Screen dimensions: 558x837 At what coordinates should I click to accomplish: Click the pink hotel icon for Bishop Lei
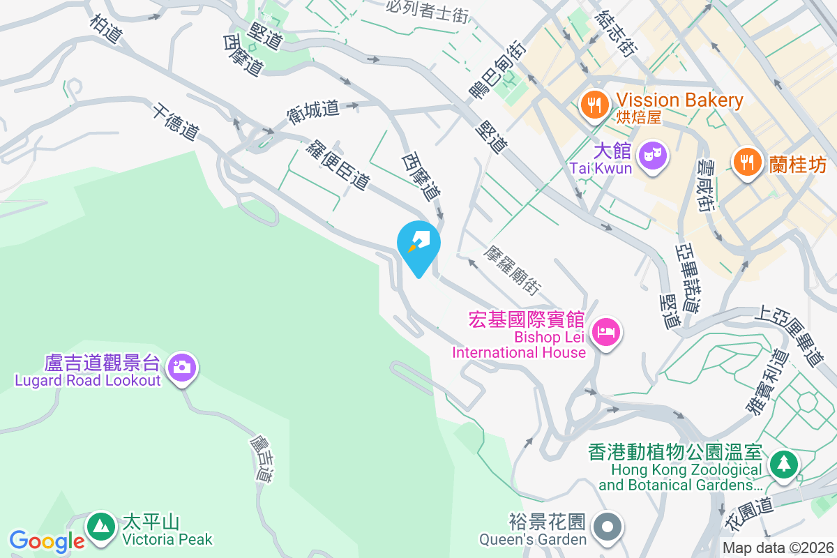coord(604,332)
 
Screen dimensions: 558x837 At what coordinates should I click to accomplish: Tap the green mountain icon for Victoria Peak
coord(102,526)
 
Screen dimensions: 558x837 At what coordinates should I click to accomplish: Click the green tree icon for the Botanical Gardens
coord(785,463)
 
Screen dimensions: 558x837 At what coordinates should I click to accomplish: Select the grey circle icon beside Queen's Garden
coord(608,527)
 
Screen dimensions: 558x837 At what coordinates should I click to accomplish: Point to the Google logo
coord(47,541)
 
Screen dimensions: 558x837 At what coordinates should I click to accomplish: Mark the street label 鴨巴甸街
coord(497,70)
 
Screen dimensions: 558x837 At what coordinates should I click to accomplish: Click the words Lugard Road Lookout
coord(88,381)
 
